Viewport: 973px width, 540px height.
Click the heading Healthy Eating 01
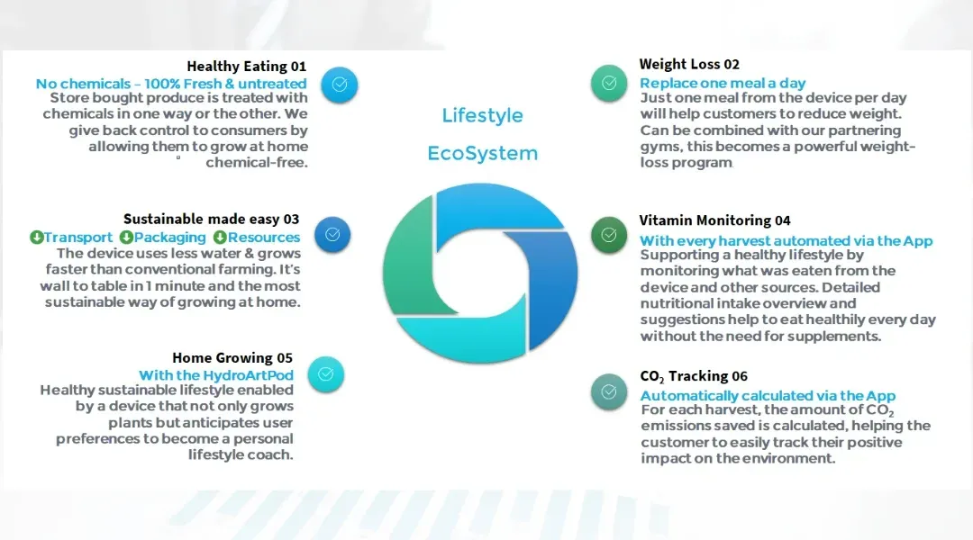pos(246,67)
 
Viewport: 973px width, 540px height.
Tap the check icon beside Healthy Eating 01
pos(340,85)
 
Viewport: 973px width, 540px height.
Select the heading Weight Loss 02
pos(689,64)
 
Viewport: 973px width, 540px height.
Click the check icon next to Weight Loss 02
pos(609,83)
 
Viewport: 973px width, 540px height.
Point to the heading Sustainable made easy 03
pos(211,219)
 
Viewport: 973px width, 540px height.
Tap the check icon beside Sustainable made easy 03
pos(332,234)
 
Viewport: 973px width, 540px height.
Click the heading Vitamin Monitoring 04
pos(714,220)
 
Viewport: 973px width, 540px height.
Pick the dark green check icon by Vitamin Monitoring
pos(609,234)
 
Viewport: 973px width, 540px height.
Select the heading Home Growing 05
pos(232,357)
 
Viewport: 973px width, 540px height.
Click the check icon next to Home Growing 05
pos(326,373)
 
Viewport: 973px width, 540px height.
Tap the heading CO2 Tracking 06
pos(694,376)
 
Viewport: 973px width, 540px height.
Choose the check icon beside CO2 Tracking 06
pos(609,391)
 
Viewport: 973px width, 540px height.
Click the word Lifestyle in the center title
pos(482,115)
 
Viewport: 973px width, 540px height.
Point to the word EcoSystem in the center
pos(482,153)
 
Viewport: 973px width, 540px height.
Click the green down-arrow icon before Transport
pos(37,237)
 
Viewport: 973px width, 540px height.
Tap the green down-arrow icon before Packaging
pos(127,237)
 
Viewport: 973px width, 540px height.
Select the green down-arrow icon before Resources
pos(220,237)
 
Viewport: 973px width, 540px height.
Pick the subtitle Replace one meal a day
pos(723,83)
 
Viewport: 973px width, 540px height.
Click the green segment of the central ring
pos(406,260)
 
